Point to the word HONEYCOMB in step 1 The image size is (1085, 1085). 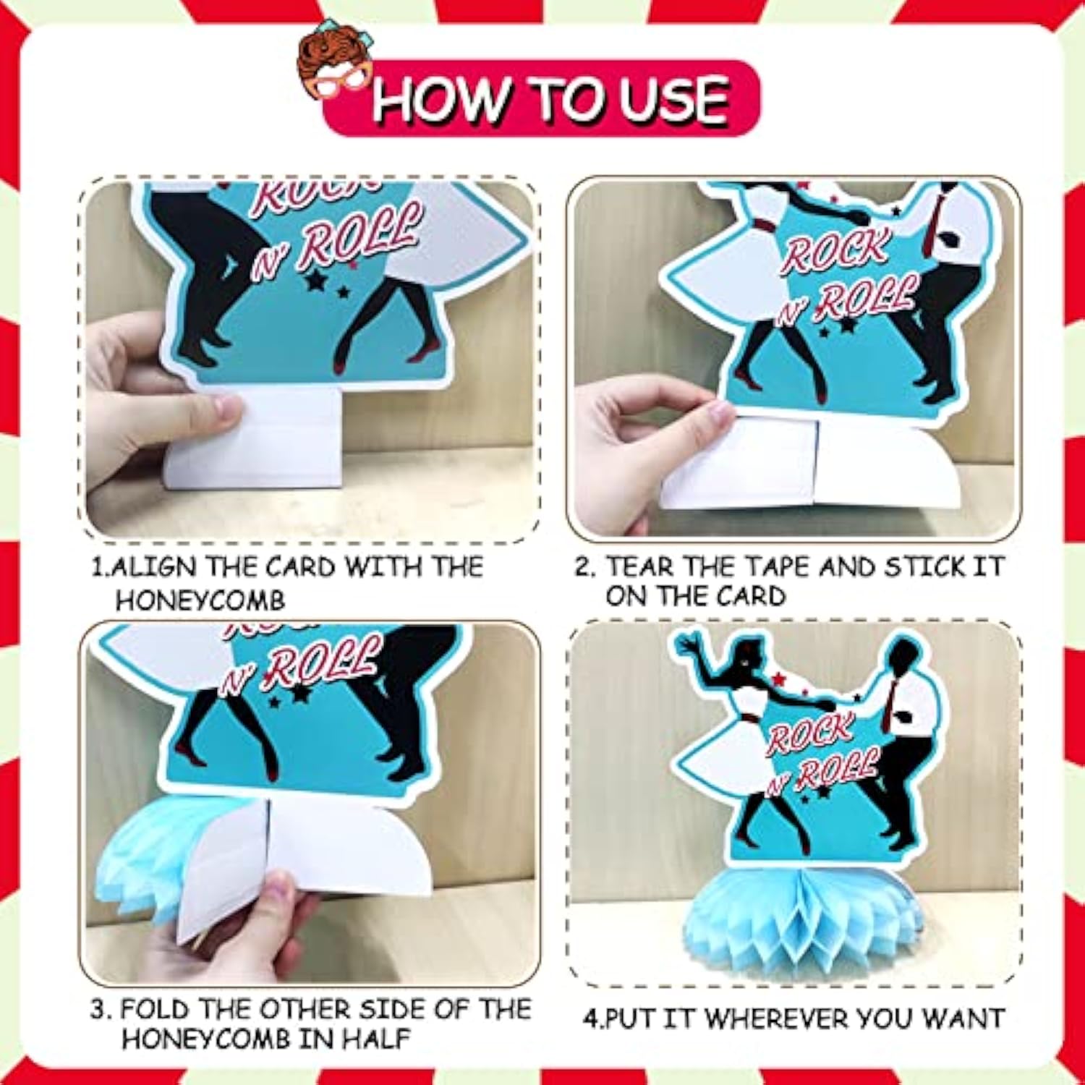click(x=200, y=600)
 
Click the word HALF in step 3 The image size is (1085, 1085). click(x=376, y=1039)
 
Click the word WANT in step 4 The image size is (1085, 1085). click(x=965, y=1018)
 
